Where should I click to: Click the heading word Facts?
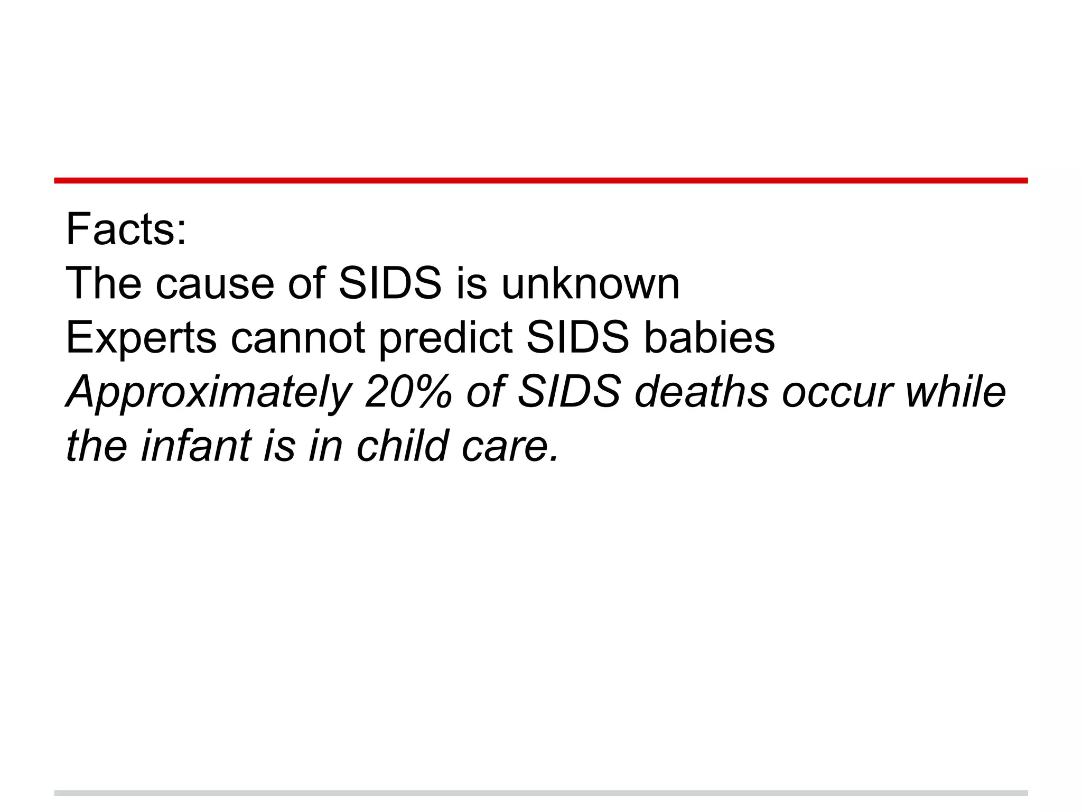[x=126, y=229]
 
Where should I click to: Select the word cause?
[x=214, y=284]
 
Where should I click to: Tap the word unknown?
[x=590, y=284]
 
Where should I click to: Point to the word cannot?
[x=298, y=338]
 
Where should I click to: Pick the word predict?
[x=446, y=338]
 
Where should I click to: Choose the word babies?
[x=709, y=338]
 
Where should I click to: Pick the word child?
[x=403, y=447]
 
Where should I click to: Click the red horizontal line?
[x=541, y=181]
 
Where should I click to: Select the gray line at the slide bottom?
[x=541, y=793]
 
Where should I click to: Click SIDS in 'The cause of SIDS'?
[x=390, y=284]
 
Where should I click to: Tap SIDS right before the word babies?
[x=578, y=338]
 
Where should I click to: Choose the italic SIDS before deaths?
[x=569, y=393]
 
